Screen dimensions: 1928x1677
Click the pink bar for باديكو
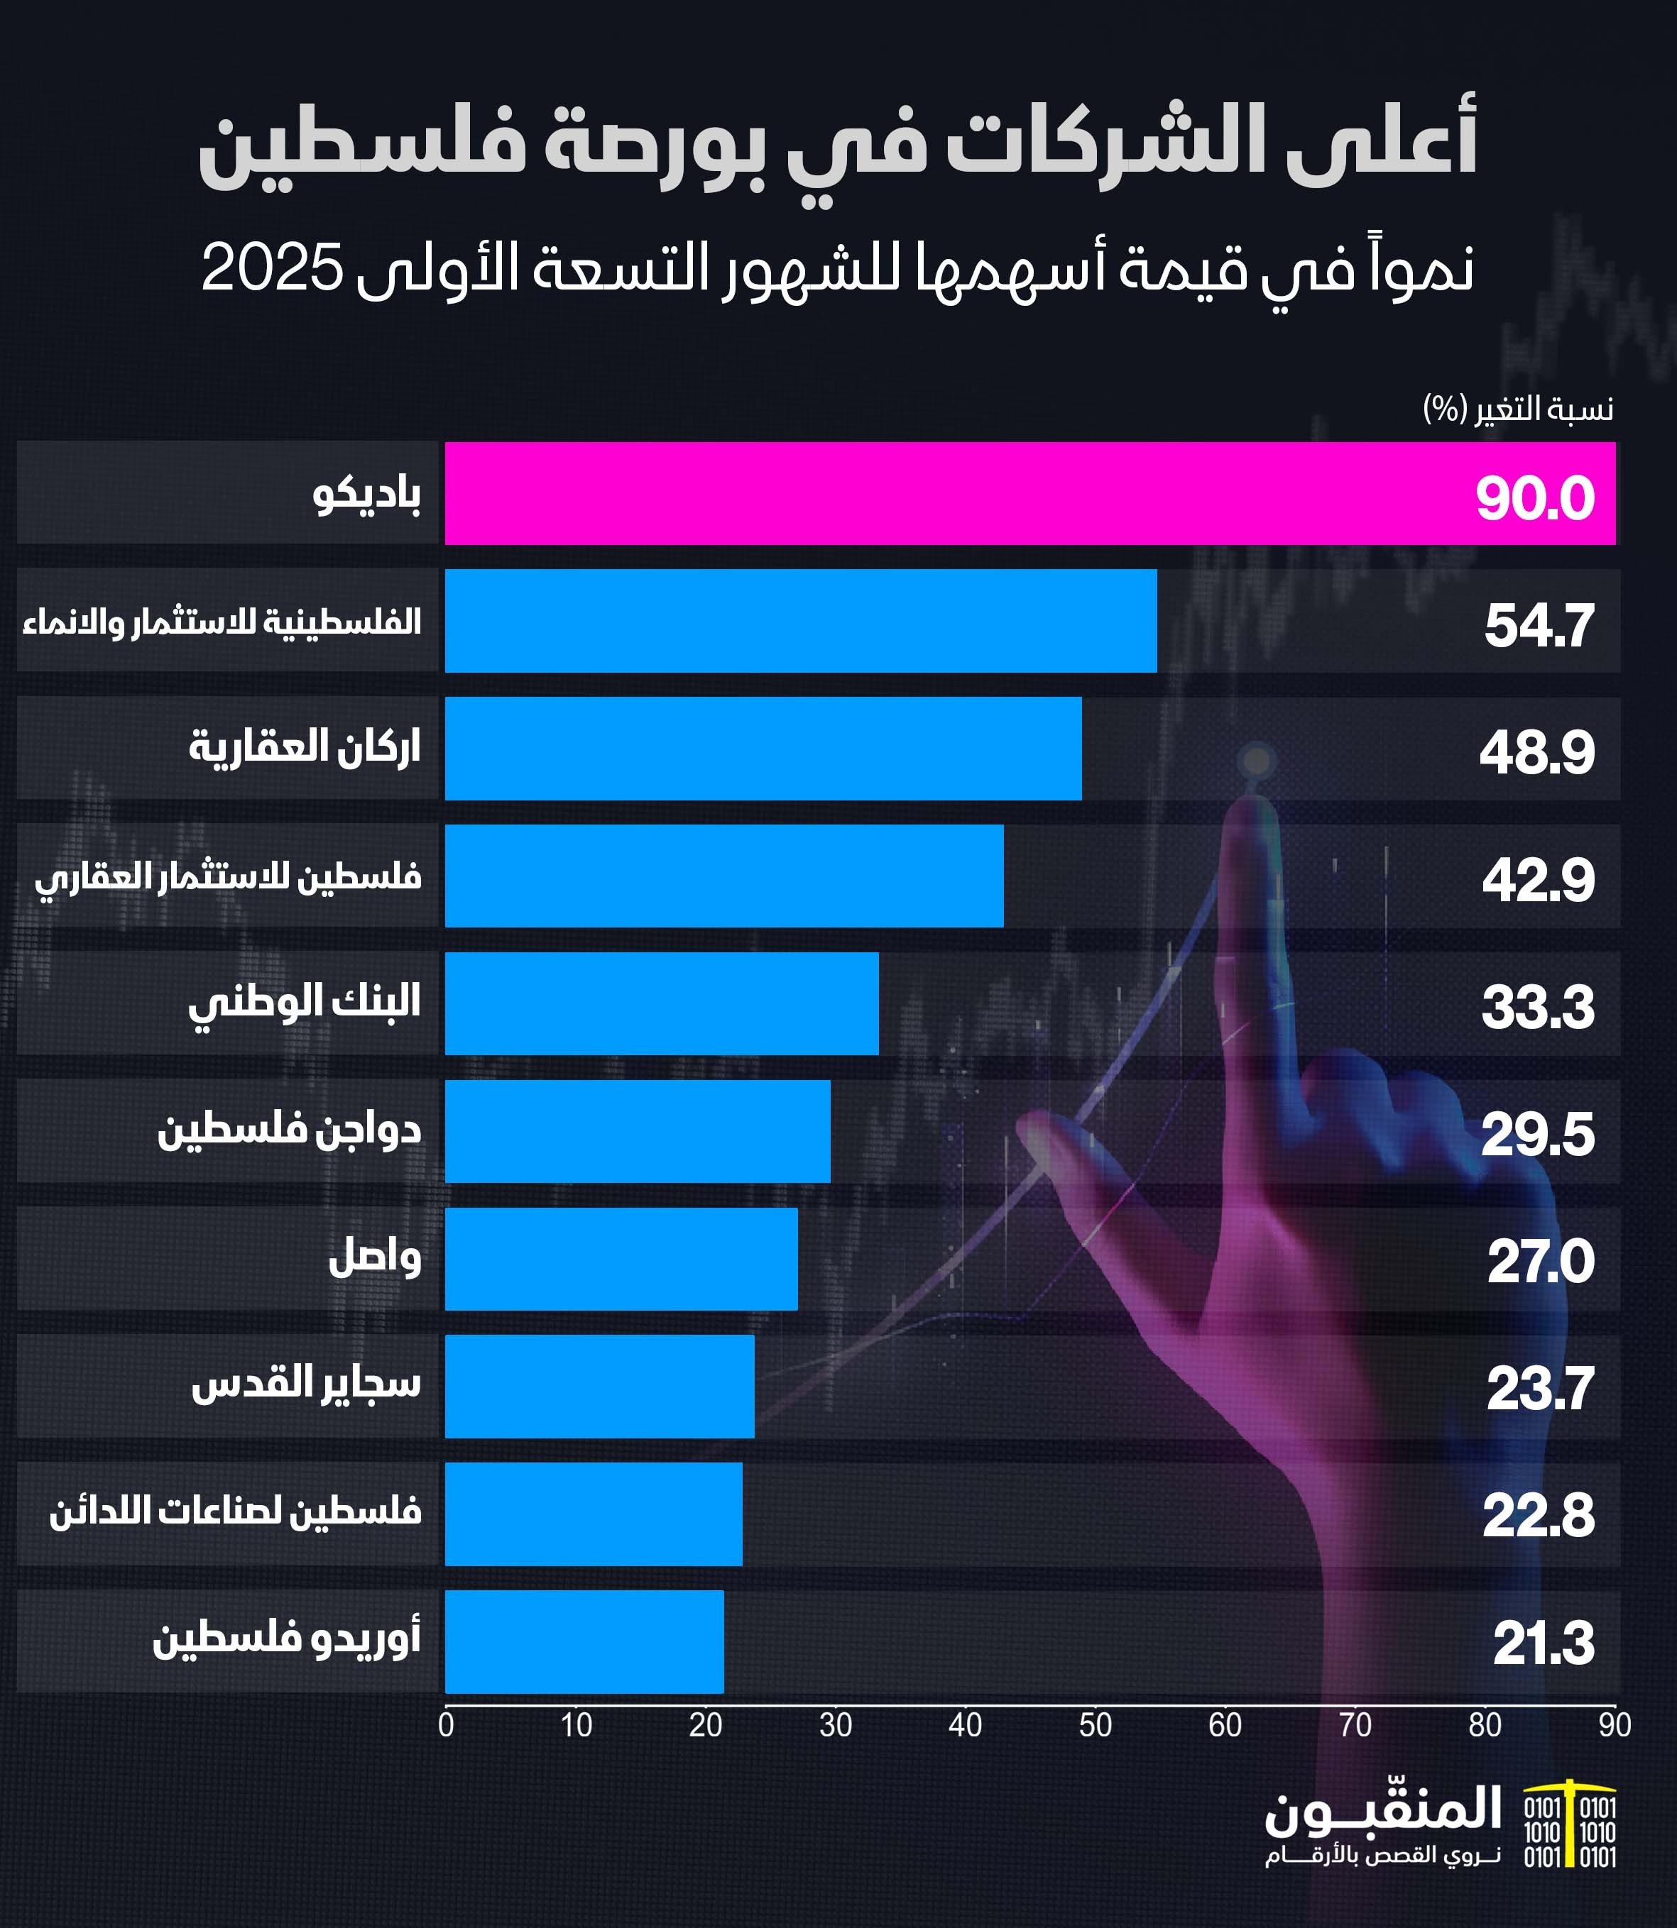[1029, 493]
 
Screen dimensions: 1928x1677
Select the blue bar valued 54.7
[800, 620]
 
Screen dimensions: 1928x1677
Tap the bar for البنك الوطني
[662, 1003]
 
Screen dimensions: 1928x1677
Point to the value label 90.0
[1535, 497]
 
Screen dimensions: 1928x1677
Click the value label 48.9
[1536, 752]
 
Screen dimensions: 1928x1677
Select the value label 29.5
[1536, 1135]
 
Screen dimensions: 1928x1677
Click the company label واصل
[374, 1257]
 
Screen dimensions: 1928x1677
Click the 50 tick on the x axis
[1095, 1725]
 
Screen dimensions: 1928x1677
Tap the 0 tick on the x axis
[447, 1725]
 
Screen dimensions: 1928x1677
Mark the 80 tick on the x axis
[1484, 1725]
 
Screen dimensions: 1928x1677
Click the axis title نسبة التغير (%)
[1518, 409]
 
